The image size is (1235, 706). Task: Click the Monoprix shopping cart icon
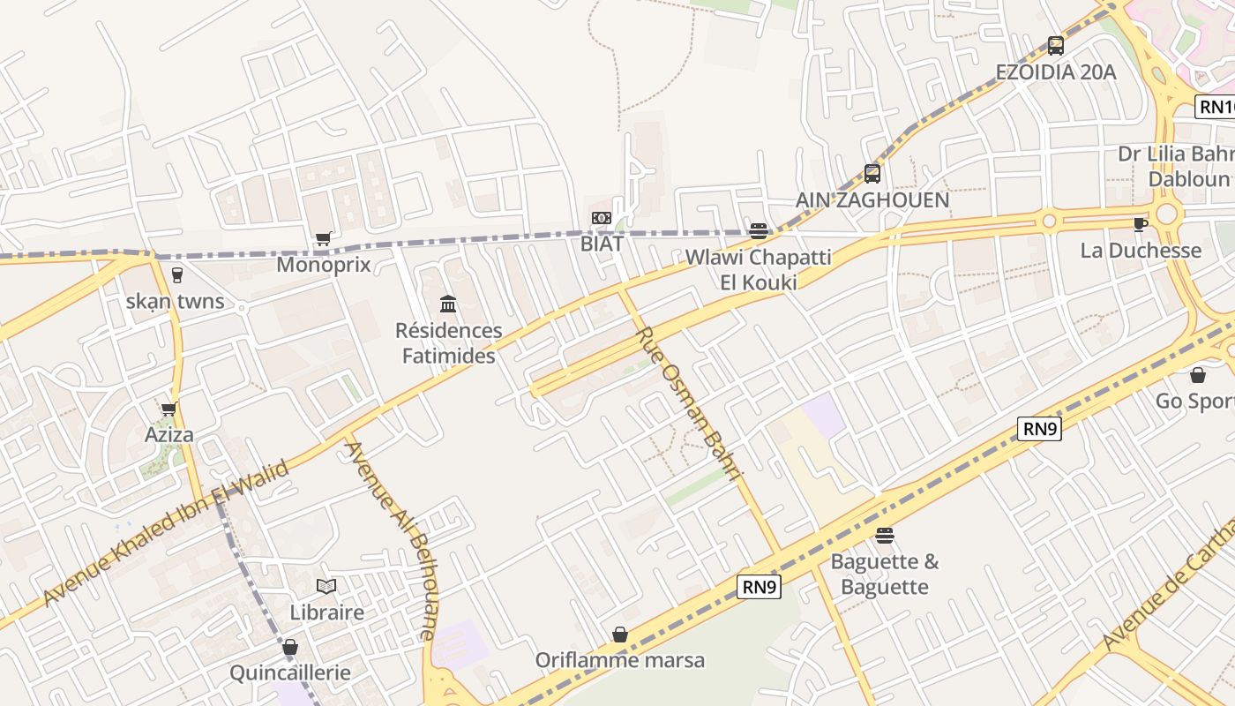(323, 238)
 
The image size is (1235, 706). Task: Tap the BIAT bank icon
(602, 218)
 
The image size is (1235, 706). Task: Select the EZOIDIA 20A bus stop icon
(1055, 46)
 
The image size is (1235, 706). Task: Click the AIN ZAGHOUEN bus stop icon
(872, 174)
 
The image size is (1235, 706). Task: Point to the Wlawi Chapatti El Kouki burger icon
(759, 231)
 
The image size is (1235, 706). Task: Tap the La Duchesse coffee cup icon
(1140, 224)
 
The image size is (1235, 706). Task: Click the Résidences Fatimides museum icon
(448, 304)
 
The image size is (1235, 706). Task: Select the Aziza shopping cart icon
(168, 409)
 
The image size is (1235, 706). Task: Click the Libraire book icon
(326, 586)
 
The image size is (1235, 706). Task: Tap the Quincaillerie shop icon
(290, 648)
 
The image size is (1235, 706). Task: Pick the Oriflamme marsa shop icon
(620, 635)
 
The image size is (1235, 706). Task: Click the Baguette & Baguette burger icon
(885, 536)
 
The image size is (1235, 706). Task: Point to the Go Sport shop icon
(1198, 375)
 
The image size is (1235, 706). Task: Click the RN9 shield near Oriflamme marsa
(760, 587)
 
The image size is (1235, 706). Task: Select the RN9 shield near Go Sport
(1039, 430)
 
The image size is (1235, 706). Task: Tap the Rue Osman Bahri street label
(690, 402)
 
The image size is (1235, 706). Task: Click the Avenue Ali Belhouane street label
(389, 539)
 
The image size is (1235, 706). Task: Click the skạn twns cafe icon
(176, 275)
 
